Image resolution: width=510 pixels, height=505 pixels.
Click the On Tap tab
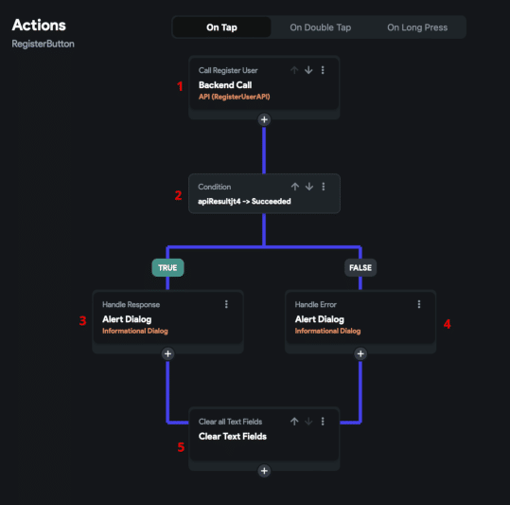pyautogui.click(x=221, y=27)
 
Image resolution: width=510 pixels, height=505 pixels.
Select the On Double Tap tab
pyautogui.click(x=321, y=27)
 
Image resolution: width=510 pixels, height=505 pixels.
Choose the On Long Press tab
pyautogui.click(x=417, y=27)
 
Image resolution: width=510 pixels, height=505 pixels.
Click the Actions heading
pyautogui.click(x=39, y=25)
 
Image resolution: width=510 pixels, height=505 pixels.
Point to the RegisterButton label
pyautogui.click(x=43, y=44)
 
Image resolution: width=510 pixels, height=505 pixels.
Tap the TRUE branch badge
pyautogui.click(x=167, y=267)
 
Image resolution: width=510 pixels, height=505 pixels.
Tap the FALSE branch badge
pyautogui.click(x=361, y=267)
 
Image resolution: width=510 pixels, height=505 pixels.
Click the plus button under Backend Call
pyautogui.click(x=264, y=119)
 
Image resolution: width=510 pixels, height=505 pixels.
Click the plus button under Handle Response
pyautogui.click(x=167, y=354)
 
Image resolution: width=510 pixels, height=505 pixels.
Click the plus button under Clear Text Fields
pyautogui.click(x=264, y=471)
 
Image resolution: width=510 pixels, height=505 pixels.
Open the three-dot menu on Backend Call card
pyautogui.click(x=323, y=70)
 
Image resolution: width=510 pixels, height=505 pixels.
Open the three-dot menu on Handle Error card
pyautogui.click(x=419, y=304)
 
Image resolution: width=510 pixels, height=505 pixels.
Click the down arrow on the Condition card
pyautogui.click(x=309, y=187)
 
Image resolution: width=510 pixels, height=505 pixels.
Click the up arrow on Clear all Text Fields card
pyautogui.click(x=294, y=422)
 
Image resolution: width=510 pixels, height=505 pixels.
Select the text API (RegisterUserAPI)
pyautogui.click(x=235, y=97)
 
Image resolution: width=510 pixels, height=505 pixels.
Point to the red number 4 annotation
pyautogui.click(x=448, y=324)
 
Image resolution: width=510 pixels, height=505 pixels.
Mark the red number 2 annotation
pyautogui.click(x=178, y=195)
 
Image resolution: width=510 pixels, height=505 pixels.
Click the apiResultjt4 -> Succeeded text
pyautogui.click(x=244, y=201)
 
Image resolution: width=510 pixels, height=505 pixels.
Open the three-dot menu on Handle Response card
pyautogui.click(x=226, y=304)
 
